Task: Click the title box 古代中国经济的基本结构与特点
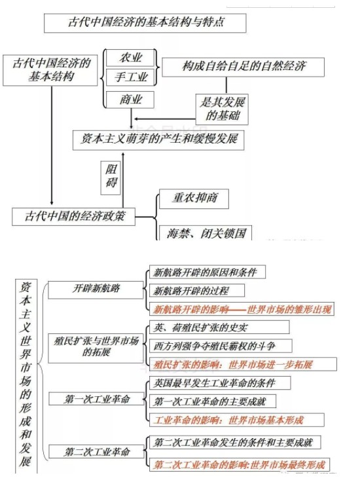pyautogui.click(x=145, y=23)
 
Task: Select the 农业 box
pyautogui.click(x=130, y=58)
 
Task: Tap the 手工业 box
pyautogui.click(x=130, y=77)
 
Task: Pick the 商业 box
pyautogui.click(x=130, y=100)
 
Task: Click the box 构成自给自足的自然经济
pyautogui.click(x=243, y=67)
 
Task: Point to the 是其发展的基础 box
pyautogui.click(x=222, y=109)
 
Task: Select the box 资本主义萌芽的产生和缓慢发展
pyautogui.click(x=158, y=140)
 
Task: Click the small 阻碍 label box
pyautogui.click(x=111, y=178)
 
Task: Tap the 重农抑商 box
pyautogui.click(x=194, y=198)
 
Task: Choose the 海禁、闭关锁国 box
pyautogui.click(x=205, y=233)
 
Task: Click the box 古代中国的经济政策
pyautogui.click(x=73, y=217)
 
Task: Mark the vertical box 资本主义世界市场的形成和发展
pyautogui.click(x=26, y=376)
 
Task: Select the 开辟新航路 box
pyautogui.click(x=96, y=290)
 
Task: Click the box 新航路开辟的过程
pyautogui.click(x=197, y=291)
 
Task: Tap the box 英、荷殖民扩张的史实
pyautogui.click(x=219, y=327)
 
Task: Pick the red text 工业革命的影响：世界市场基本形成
pyautogui.click(x=228, y=421)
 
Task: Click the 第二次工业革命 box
pyautogui.click(x=96, y=451)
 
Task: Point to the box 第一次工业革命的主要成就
pyautogui.click(x=213, y=402)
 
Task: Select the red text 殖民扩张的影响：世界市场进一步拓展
pyautogui.click(x=233, y=364)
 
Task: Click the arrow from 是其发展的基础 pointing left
pyautogui.click(x=165, y=119)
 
